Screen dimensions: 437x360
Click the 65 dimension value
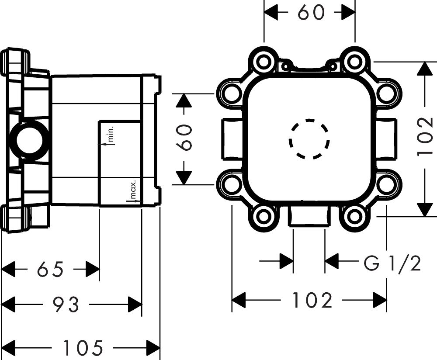(x=50, y=269)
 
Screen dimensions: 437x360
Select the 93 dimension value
(x=66, y=304)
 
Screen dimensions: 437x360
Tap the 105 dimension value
(x=83, y=347)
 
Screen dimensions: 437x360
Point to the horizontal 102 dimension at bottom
(x=312, y=300)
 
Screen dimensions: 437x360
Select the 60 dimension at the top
(x=311, y=12)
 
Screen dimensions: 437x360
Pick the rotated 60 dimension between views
(x=184, y=137)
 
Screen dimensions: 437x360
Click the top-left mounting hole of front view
(x=264, y=62)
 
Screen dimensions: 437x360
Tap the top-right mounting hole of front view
(x=354, y=62)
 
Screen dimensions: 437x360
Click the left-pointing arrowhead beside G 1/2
(x=332, y=261)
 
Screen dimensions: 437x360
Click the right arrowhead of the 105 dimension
(x=153, y=347)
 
